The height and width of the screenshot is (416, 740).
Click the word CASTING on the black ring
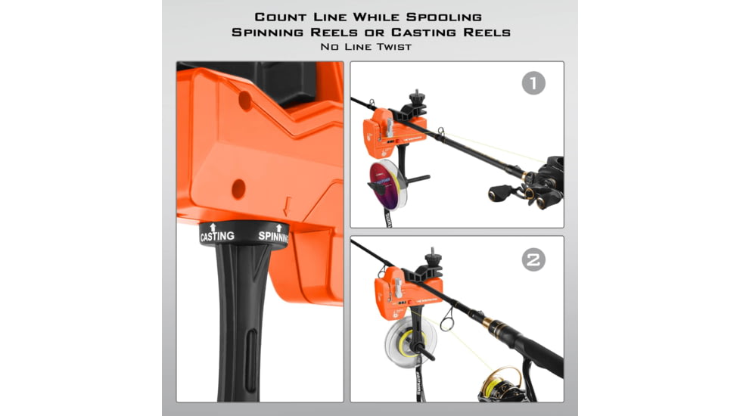(x=216, y=236)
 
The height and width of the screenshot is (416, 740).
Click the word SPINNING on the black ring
(x=273, y=236)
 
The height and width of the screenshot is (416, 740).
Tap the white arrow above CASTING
(x=213, y=226)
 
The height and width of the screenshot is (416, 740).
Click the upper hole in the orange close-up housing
(x=245, y=98)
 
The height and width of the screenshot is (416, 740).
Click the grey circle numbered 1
(x=533, y=82)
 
